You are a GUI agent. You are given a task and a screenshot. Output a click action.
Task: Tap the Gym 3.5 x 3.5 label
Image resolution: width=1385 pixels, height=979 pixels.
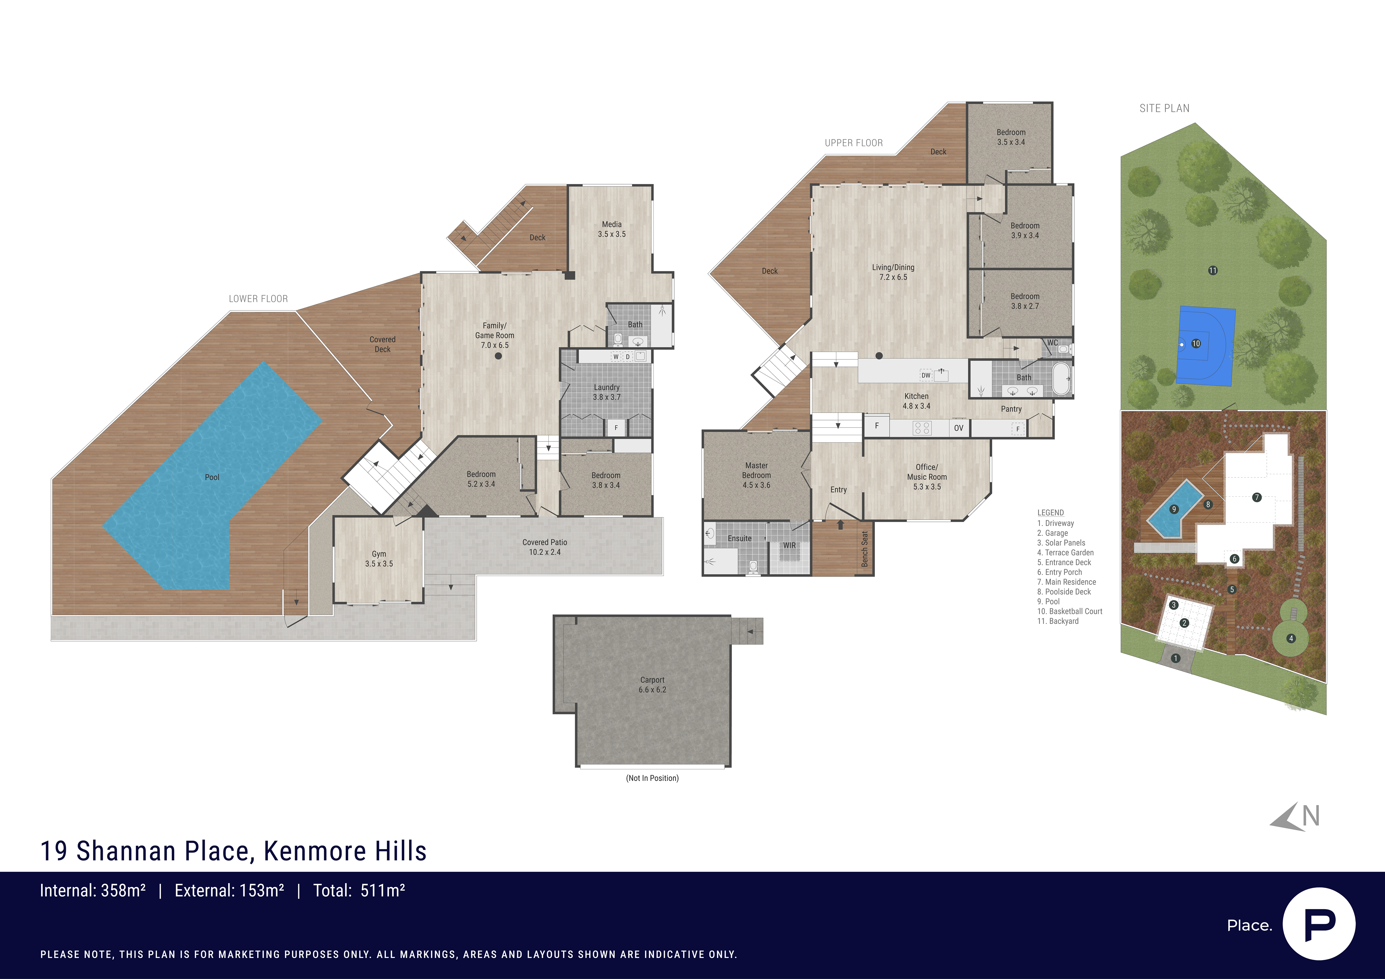379,559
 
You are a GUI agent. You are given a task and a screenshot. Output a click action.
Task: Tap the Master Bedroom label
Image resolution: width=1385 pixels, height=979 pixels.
756,475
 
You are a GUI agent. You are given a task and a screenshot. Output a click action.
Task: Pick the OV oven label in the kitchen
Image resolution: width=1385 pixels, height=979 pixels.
958,428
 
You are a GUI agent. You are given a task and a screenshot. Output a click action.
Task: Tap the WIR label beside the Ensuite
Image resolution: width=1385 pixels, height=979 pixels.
790,545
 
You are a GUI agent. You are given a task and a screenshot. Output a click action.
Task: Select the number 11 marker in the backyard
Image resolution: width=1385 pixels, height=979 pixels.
1212,270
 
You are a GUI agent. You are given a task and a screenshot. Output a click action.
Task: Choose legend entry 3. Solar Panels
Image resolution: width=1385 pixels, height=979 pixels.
1061,543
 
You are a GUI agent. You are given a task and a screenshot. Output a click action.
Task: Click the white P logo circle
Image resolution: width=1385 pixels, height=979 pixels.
1319,924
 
